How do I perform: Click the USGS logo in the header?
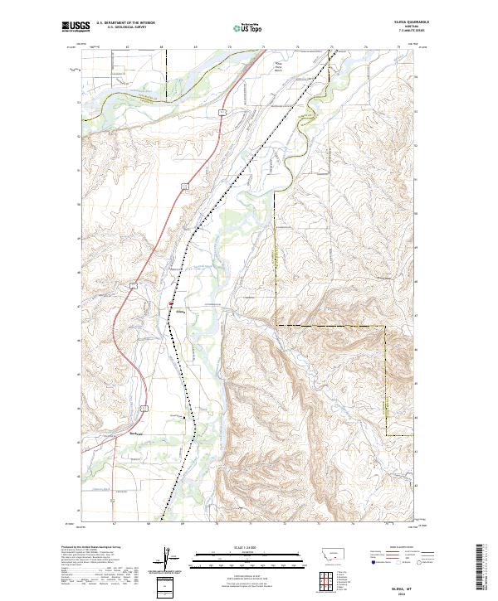(74, 27)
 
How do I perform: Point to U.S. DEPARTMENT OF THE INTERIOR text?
(125, 23)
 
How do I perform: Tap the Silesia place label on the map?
(178, 313)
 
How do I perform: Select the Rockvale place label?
(132, 432)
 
